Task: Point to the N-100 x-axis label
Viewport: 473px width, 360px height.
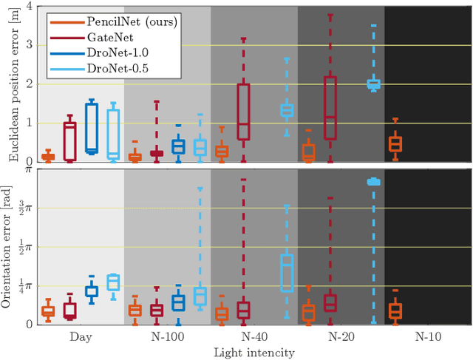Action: point(168,336)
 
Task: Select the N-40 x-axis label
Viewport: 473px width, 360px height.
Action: point(254,336)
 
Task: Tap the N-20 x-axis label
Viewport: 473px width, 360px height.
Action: point(341,336)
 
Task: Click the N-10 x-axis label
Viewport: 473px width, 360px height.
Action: point(427,336)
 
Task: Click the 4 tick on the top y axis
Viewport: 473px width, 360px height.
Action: point(30,7)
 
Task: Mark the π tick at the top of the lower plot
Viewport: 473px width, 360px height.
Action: point(29,169)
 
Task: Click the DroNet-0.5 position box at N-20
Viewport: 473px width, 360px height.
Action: point(373,84)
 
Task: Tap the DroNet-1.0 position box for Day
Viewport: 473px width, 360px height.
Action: point(92,128)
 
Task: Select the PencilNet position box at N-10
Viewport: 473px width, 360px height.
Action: point(395,144)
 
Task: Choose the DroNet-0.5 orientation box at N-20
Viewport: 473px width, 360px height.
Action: point(373,181)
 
